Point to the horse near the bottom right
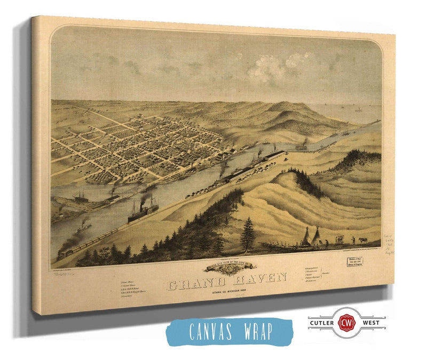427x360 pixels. [362, 241]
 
